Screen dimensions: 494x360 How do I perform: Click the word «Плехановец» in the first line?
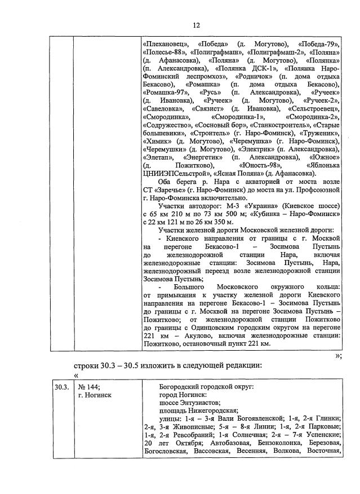coord(165,43)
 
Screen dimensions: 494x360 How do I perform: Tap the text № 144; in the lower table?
coord(89,387)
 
